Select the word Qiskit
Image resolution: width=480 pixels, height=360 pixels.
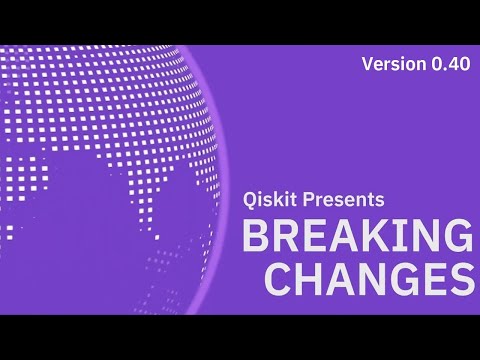[270, 200]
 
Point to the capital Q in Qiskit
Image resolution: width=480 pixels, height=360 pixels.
[250, 200]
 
